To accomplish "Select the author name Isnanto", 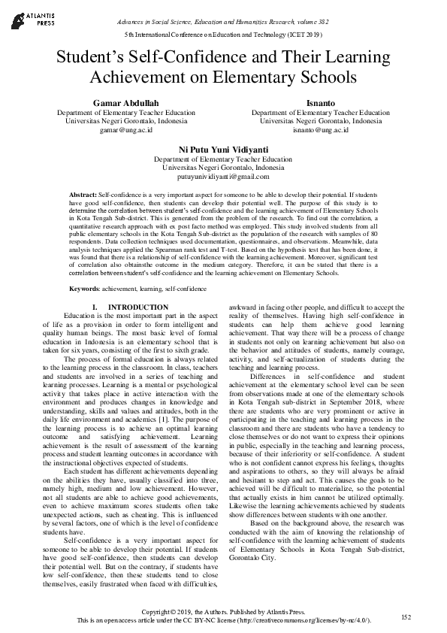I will point(320,101).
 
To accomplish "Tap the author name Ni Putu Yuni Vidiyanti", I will point(223,149).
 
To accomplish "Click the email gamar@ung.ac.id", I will point(125,129).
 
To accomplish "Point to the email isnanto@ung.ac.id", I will point(320,129).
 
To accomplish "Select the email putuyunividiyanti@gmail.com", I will point(223,177).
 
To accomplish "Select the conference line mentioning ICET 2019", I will point(223,35).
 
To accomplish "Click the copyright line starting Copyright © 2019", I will point(223,612).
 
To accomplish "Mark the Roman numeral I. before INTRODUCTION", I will point(95,307).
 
